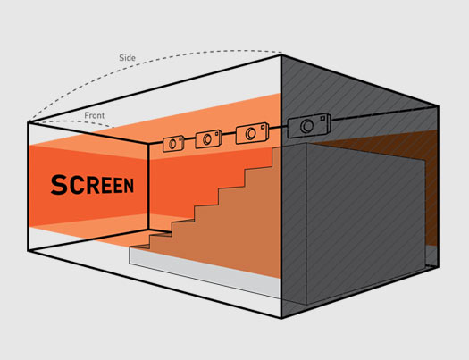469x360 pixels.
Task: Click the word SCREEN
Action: point(92,185)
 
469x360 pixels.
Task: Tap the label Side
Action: point(127,58)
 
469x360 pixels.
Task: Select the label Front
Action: point(94,115)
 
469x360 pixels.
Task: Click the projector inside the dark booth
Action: point(309,126)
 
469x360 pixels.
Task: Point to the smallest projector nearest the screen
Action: point(173,144)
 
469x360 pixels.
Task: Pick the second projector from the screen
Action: point(208,138)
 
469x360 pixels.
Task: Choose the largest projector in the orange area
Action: point(252,133)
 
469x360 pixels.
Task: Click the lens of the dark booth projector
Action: point(307,126)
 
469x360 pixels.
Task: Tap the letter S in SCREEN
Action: point(59,185)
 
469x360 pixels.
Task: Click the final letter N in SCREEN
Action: point(129,186)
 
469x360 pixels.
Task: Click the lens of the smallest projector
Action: point(172,144)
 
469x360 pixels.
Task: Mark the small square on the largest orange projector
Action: point(263,127)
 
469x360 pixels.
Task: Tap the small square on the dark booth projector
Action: point(322,119)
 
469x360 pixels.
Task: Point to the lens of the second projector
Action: point(207,139)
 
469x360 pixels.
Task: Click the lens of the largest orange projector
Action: point(250,133)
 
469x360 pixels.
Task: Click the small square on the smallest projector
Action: point(180,139)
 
